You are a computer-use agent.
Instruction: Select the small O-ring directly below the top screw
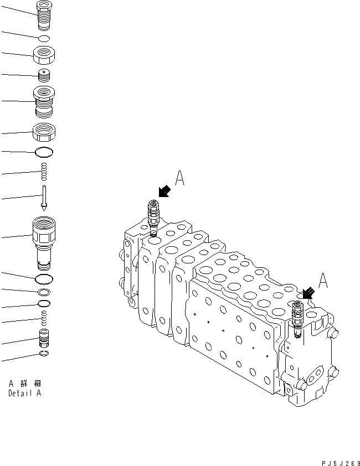[44, 38]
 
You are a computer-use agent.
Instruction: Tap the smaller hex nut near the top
[44, 55]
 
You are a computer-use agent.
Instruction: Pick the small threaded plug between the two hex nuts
[44, 75]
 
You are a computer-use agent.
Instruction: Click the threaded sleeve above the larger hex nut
[44, 102]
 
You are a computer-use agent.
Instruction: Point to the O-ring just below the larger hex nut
[44, 152]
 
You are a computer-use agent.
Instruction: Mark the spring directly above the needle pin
[44, 172]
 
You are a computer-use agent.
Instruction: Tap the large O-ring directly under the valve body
[44, 278]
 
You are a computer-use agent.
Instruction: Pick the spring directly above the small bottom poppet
[44, 318]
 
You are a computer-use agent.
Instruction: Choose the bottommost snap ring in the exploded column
[44, 354]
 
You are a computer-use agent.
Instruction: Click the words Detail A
[24, 393]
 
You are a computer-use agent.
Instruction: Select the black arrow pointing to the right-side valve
[307, 292]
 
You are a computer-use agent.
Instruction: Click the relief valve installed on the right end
[296, 318]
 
